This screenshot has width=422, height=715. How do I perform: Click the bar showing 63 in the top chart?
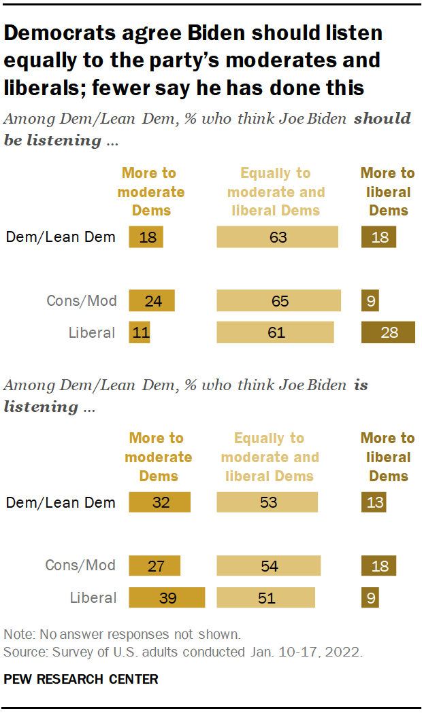click(277, 237)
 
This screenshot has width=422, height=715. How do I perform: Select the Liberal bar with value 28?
click(388, 333)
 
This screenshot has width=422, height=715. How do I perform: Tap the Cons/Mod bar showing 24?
click(152, 300)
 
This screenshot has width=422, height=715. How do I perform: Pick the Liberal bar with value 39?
click(167, 598)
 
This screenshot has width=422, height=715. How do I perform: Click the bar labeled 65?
click(279, 300)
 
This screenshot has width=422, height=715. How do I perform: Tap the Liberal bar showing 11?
click(139, 333)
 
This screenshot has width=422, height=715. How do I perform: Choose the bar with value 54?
click(269, 565)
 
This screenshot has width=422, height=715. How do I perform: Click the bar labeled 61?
click(276, 333)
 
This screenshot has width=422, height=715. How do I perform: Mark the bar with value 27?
click(155, 565)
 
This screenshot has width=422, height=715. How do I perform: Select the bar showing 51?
click(266, 598)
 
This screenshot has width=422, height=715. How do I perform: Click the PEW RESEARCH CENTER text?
click(81, 679)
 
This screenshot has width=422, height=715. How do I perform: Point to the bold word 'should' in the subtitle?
click(382, 119)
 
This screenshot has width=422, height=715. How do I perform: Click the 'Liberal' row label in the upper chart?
click(93, 333)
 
